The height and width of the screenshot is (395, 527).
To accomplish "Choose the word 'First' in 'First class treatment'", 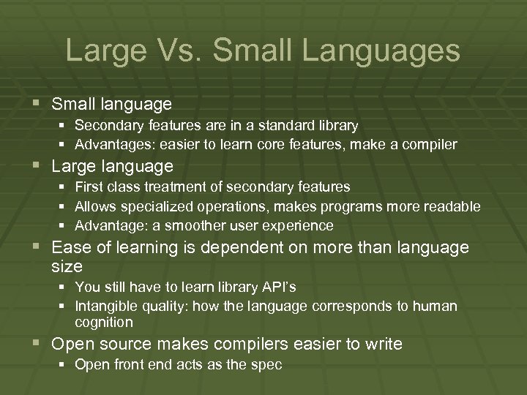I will point(89,187).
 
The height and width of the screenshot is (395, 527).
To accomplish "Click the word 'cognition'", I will point(104,323).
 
